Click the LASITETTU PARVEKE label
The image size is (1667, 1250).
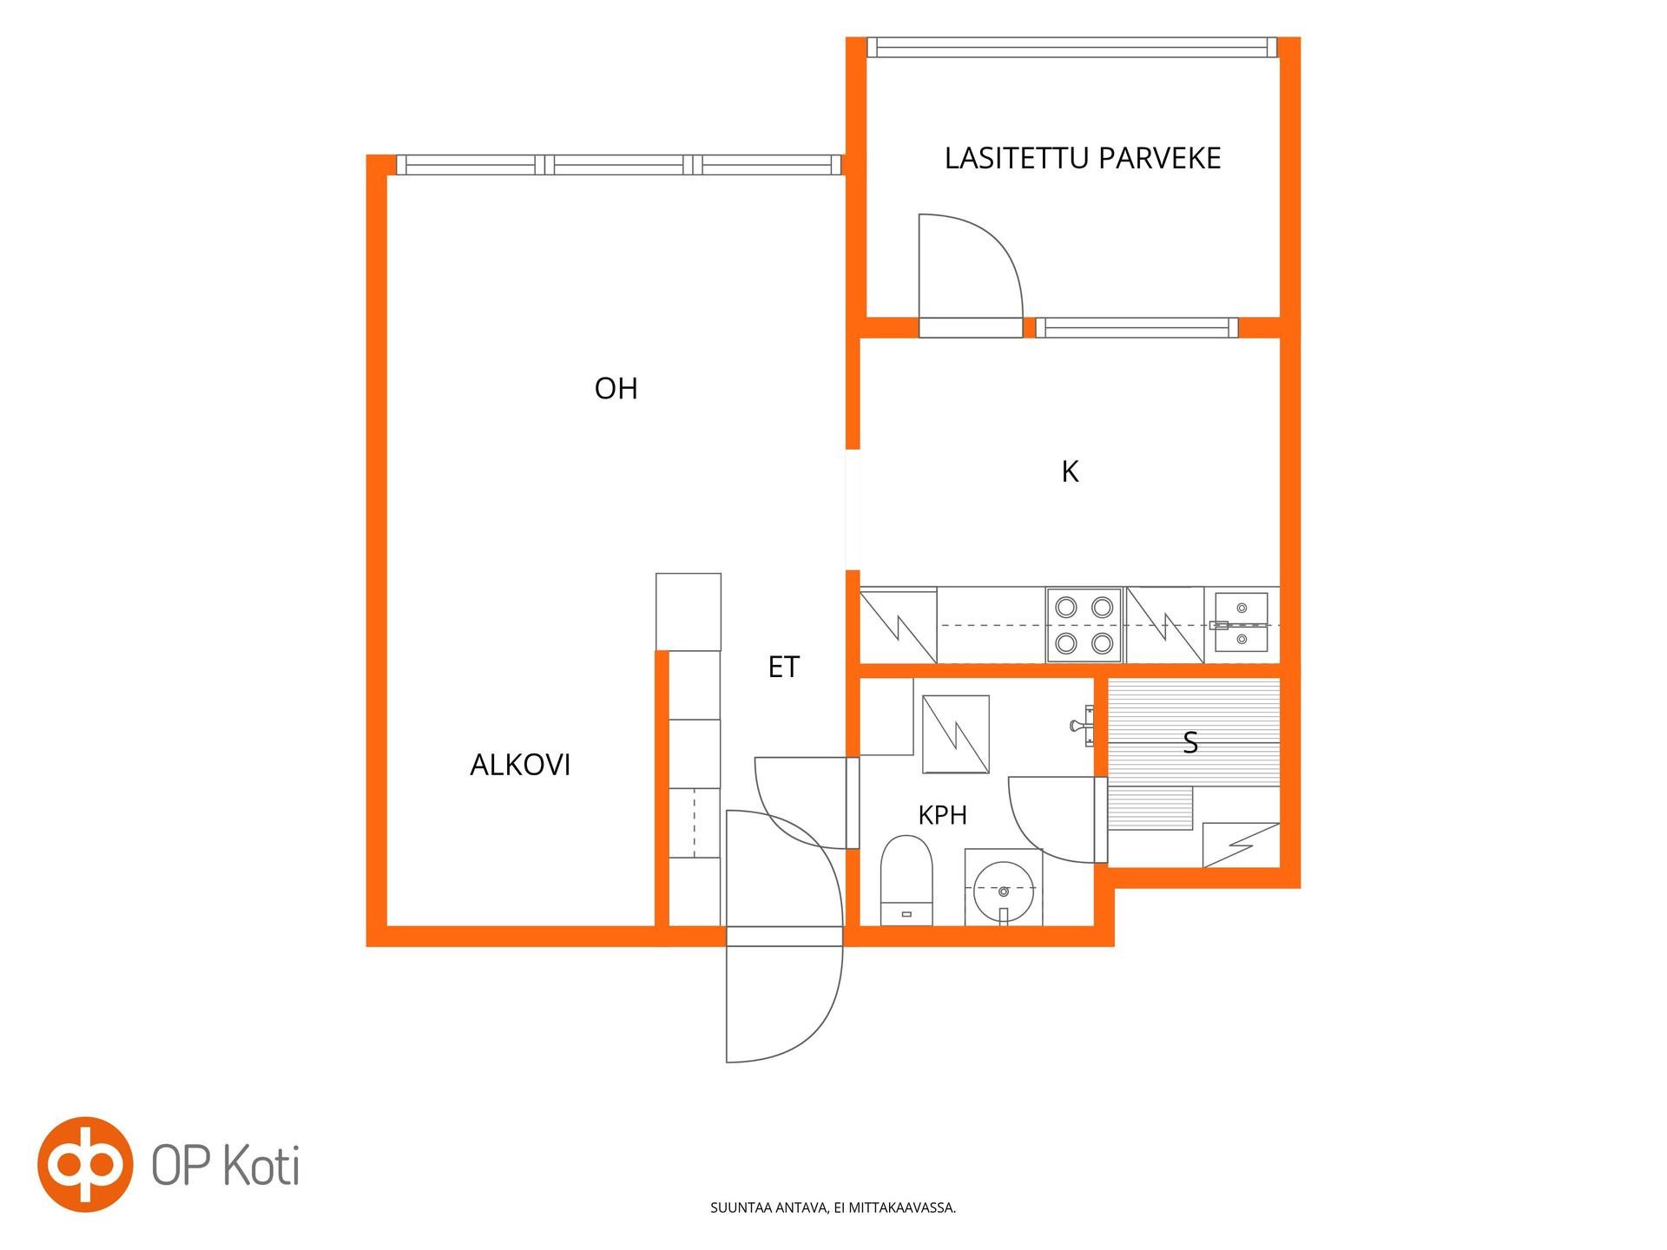(1083, 158)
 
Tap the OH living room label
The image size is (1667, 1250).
(616, 388)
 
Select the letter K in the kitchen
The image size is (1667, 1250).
(1070, 471)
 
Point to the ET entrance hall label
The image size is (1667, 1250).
(783, 667)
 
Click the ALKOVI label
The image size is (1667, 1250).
(520, 765)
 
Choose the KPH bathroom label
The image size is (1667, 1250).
(942, 815)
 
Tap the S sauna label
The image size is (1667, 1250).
(1190, 743)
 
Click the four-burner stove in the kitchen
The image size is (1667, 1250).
(1084, 625)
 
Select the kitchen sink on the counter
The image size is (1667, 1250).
(1241, 622)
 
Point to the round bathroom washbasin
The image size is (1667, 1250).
(1004, 889)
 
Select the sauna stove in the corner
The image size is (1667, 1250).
(1241, 845)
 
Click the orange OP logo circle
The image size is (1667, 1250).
(85, 1163)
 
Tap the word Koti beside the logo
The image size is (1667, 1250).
(261, 1166)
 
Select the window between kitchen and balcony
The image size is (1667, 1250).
(1137, 327)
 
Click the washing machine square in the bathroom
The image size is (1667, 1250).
(956, 734)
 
